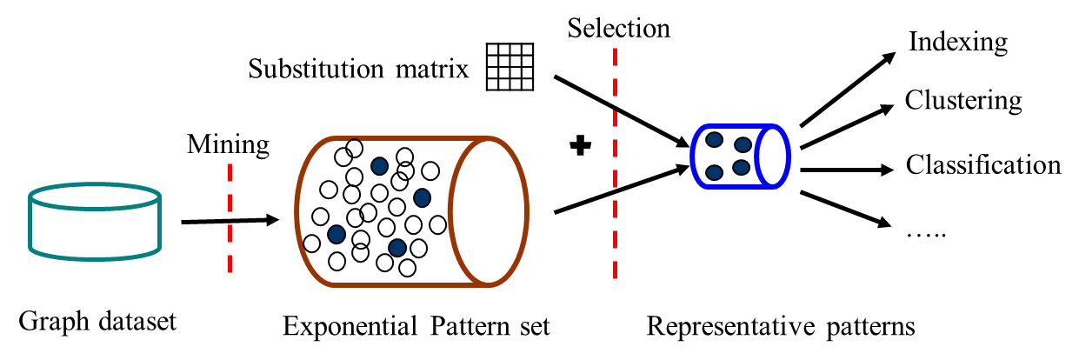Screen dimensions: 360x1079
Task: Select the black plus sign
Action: pos(580,147)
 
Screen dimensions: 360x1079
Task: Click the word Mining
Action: pos(228,144)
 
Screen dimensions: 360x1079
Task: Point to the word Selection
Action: pos(619,28)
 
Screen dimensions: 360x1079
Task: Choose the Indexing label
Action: pos(957,42)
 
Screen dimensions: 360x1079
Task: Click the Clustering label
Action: pos(963,101)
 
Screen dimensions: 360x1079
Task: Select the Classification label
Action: pos(983,164)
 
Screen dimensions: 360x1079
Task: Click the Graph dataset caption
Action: pos(97,322)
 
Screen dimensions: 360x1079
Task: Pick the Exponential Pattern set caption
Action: pos(416,327)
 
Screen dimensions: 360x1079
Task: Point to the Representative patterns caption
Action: pos(780,327)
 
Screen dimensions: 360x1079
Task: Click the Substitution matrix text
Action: pos(358,69)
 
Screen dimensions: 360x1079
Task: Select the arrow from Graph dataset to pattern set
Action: pos(230,222)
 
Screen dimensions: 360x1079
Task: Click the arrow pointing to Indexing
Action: pos(847,90)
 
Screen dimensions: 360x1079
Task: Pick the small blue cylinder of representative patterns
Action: pos(740,156)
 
